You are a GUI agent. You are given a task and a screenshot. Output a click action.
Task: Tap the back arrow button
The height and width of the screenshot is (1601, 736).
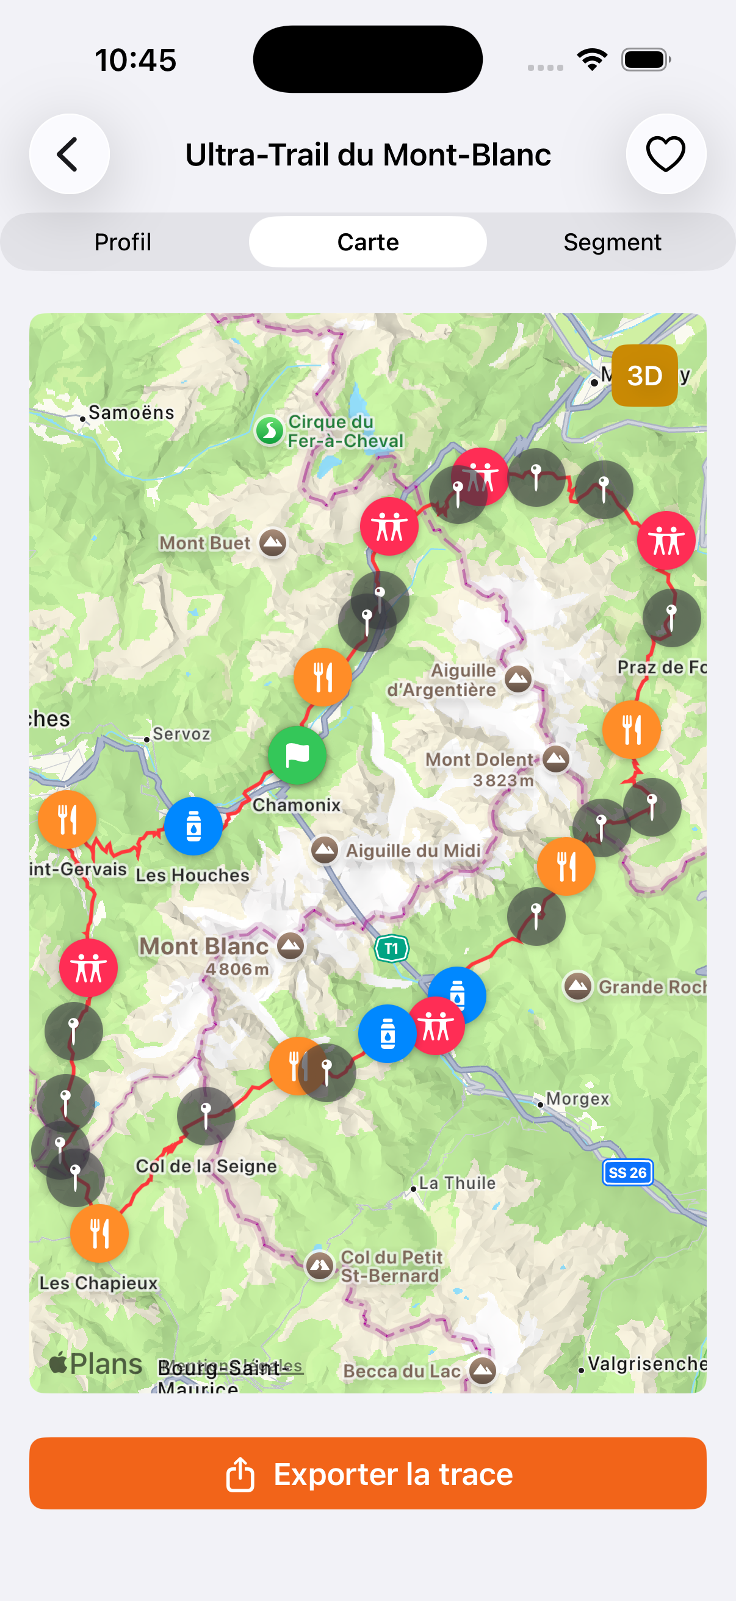[69, 154]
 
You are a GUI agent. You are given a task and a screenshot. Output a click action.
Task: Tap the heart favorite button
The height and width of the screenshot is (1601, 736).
[665, 154]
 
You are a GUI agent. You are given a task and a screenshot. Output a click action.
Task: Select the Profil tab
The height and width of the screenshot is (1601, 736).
[123, 242]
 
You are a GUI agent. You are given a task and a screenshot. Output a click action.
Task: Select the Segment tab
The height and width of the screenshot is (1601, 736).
[612, 242]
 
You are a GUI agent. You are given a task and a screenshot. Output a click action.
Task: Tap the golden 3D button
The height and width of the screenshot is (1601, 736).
[644, 376]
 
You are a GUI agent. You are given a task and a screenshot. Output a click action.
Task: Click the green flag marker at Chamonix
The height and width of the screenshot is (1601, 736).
[297, 755]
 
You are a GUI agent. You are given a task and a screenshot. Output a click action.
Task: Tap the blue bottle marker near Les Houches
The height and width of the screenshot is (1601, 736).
[193, 827]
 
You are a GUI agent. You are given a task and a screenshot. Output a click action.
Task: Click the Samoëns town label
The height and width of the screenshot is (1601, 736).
[131, 413]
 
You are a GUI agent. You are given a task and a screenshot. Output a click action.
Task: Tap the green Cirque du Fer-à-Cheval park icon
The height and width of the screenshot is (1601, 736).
[270, 430]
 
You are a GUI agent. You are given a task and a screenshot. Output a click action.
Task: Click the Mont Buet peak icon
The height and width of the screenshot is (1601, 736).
[273, 543]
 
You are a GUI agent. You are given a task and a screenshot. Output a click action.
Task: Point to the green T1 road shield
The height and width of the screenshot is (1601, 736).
[391, 948]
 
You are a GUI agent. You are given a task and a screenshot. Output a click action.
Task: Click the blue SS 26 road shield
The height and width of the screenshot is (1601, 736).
[627, 1172]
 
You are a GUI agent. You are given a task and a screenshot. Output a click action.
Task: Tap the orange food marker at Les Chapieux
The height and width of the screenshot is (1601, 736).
[99, 1233]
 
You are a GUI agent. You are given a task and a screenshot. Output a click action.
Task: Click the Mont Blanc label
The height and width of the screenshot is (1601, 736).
[204, 946]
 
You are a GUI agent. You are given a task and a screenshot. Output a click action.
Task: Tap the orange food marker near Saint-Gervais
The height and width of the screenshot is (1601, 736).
[67, 819]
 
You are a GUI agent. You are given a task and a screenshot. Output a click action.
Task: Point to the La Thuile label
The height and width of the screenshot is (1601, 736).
[457, 1183]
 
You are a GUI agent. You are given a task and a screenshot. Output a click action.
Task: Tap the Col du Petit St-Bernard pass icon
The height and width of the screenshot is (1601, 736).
[320, 1264]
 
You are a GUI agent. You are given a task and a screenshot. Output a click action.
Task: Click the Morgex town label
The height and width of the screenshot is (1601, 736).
[577, 1099]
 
